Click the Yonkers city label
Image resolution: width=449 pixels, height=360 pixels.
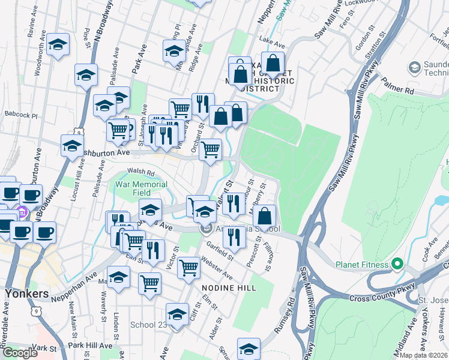(x=26, y=294)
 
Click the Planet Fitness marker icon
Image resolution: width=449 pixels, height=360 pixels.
(x=396, y=264)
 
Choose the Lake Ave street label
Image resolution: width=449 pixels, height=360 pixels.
(x=270, y=39)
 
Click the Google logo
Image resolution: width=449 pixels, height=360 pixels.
(x=20, y=353)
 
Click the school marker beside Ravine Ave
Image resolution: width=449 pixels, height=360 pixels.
(x=58, y=44)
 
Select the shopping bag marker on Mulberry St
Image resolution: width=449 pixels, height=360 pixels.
(x=264, y=216)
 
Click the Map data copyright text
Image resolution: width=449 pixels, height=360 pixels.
(x=424, y=355)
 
